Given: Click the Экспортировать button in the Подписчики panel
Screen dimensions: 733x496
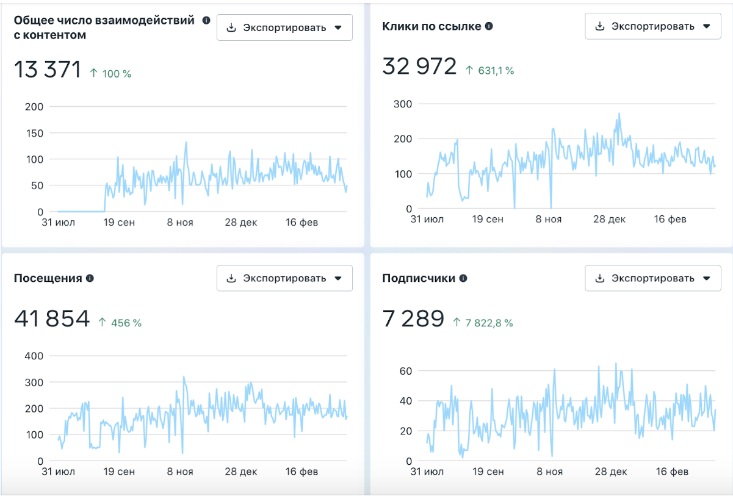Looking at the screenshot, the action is point(653,278).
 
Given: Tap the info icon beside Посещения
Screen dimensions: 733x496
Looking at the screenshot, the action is point(90,278).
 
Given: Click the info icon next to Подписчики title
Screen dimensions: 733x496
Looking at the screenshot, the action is point(463,278).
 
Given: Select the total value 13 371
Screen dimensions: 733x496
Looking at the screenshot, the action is point(48,69).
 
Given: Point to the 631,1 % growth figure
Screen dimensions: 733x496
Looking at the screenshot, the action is point(490,70).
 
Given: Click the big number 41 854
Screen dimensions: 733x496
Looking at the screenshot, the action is point(52,318).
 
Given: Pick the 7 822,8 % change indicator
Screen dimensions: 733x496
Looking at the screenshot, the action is point(483,323).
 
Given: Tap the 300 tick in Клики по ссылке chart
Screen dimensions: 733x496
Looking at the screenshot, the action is point(403,104).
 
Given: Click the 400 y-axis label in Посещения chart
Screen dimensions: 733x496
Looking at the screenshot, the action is point(34,356).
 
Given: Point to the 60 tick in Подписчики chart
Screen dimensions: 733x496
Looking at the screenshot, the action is point(406,371).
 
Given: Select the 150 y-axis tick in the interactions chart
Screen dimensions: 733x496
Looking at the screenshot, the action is point(35,133).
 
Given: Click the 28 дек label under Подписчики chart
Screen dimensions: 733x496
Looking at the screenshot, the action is point(611,472).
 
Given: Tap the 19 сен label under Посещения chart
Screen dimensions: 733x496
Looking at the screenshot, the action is point(119,472).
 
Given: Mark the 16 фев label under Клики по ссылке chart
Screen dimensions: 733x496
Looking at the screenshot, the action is point(670,219).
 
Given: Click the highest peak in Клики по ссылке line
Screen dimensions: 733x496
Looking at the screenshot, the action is point(619,113).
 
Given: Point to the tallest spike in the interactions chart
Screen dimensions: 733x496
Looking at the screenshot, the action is point(186,142).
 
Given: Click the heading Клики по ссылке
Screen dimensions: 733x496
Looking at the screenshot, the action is point(431,26).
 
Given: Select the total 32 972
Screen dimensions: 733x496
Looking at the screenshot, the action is point(419,66).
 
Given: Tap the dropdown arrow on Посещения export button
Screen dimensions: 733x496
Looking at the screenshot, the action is point(338,278).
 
